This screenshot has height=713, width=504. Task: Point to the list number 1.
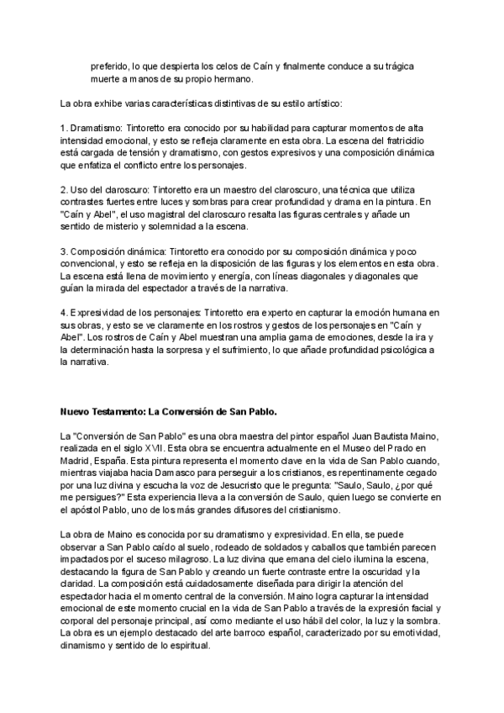click(x=63, y=126)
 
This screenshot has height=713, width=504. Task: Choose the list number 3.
click(x=63, y=251)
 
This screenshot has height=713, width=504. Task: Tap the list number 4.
click(x=63, y=314)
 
